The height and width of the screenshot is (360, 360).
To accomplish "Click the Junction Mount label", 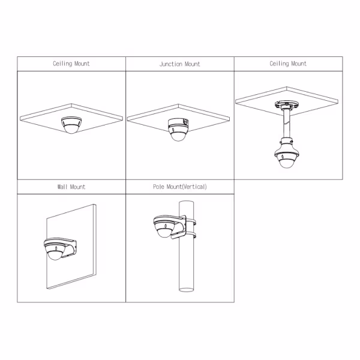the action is pyautogui.click(x=180, y=64).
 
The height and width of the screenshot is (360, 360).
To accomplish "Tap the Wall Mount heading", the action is pyautogui.click(x=71, y=187).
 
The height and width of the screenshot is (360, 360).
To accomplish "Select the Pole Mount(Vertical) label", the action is pyautogui.click(x=180, y=187).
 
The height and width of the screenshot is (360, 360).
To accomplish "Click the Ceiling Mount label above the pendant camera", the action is pyautogui.click(x=288, y=64).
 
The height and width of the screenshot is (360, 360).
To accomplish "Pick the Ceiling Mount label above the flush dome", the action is pyautogui.click(x=71, y=64).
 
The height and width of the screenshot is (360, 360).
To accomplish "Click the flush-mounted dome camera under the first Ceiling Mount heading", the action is pyautogui.click(x=71, y=125).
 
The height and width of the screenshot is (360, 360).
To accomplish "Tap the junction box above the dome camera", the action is pyautogui.click(x=178, y=122).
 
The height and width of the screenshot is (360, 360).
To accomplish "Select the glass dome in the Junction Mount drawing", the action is pyautogui.click(x=178, y=136).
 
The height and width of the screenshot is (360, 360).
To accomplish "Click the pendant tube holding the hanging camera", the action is pyautogui.click(x=287, y=124).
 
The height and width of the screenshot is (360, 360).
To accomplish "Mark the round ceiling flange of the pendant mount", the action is pyautogui.click(x=287, y=105).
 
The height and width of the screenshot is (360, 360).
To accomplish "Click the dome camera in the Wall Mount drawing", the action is pyautogui.click(x=55, y=249).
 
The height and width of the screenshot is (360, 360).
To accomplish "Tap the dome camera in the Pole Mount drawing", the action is pyautogui.click(x=164, y=227).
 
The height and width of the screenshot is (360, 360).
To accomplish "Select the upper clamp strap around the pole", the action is pyautogui.click(x=191, y=221).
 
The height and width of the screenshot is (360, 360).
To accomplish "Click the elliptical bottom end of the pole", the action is pyautogui.click(x=187, y=290).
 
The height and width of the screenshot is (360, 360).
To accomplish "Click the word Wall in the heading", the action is pyautogui.click(x=62, y=187).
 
